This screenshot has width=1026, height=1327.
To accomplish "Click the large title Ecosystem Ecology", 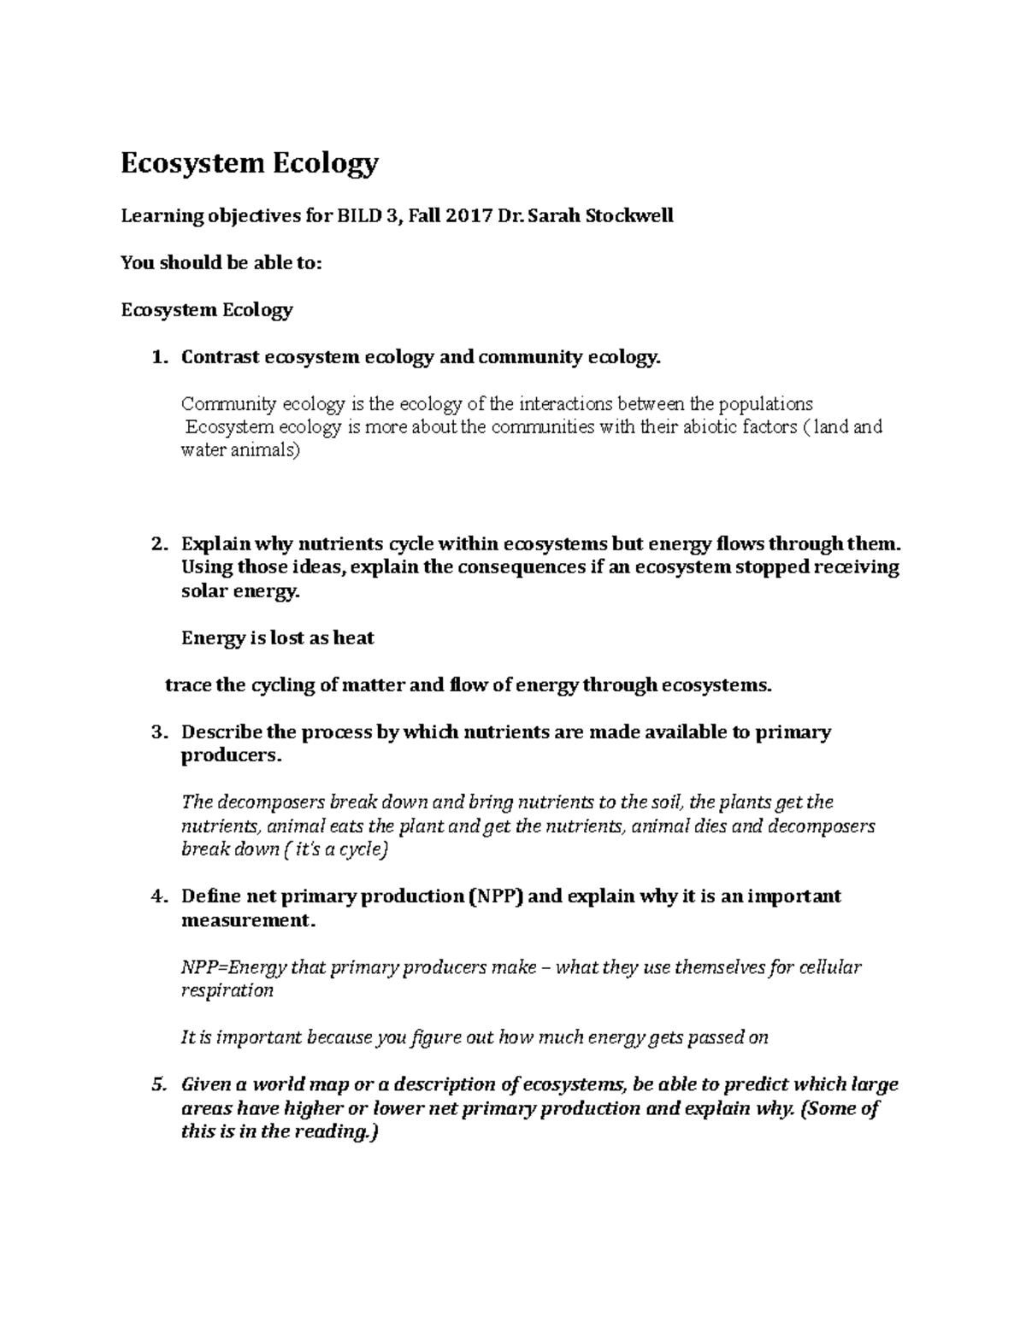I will click(x=249, y=163).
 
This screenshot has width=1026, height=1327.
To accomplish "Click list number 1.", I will click(x=156, y=357).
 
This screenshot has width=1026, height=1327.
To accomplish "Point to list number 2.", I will click(x=156, y=544).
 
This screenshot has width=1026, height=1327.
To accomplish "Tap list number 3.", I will click(x=156, y=732).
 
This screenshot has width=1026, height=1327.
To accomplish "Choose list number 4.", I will click(x=156, y=896).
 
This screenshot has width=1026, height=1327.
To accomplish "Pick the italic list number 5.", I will click(x=156, y=1085).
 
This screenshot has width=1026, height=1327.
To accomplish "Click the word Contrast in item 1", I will click(x=220, y=357).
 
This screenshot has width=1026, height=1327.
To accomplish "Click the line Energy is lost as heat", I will click(x=278, y=638).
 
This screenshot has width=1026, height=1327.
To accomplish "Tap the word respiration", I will click(x=227, y=991).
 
